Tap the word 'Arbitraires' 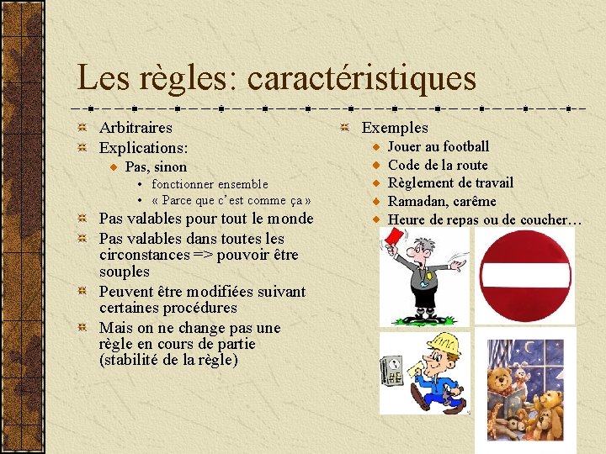(x=136, y=128)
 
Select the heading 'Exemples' (x=395, y=128)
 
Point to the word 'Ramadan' (x=417, y=202)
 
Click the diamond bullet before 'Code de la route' (x=379, y=166)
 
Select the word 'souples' (x=124, y=272)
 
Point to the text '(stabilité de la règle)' (x=168, y=361)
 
